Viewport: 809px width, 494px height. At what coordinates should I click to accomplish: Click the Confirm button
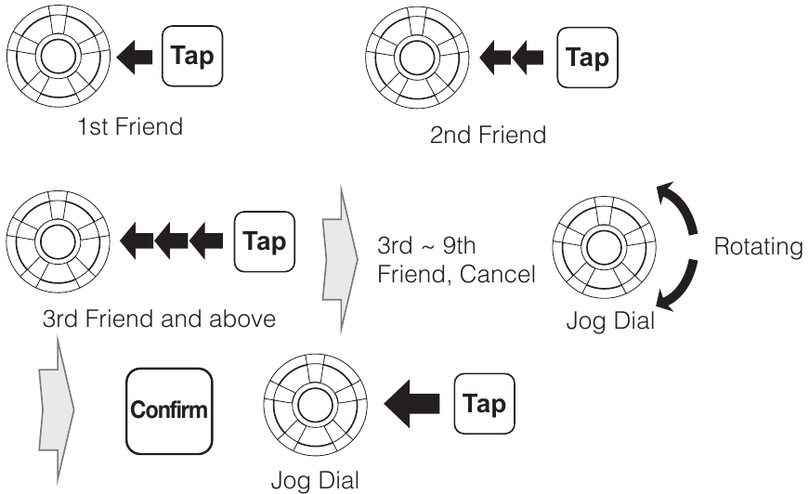[x=169, y=409]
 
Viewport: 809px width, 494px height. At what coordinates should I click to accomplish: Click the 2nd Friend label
[x=488, y=135]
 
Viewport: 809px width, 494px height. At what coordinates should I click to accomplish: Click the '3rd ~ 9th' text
[x=422, y=249]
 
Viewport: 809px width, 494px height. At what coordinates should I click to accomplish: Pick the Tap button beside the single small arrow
[x=194, y=56]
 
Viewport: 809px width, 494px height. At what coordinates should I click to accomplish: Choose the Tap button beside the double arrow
[x=586, y=58]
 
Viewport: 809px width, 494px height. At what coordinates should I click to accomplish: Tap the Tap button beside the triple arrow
[x=265, y=241]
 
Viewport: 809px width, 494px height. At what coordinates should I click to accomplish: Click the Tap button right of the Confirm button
[x=483, y=405]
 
